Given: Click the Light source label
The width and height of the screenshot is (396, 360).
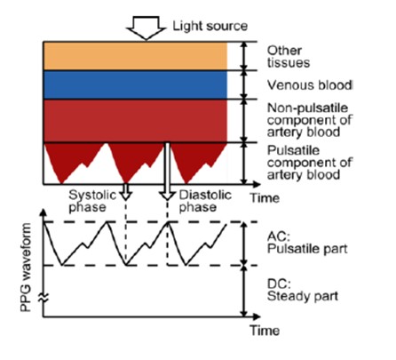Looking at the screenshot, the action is point(210,27).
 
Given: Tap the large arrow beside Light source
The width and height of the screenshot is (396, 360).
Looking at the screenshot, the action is point(146,28).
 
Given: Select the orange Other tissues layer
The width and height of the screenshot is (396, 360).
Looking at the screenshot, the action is point(135,56).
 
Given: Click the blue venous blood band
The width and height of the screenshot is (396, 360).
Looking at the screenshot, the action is point(135,84).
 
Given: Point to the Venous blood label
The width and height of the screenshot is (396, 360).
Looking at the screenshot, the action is point(310,85).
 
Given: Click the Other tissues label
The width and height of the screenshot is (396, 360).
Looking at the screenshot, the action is point(289,57).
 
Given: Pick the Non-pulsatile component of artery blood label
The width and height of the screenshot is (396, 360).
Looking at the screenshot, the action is point(310,120).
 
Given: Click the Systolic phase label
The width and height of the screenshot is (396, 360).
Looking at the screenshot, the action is point(92,201).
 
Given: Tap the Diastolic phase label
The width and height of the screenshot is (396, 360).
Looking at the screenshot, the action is point(205,201).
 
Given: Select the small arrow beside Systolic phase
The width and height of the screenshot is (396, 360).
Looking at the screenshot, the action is point(126,191).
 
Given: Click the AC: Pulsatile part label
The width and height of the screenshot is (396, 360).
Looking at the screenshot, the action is point(307,243).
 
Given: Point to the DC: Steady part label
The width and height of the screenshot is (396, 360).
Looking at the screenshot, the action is point(303,290).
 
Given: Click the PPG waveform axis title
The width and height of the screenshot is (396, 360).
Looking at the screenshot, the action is point(26,268).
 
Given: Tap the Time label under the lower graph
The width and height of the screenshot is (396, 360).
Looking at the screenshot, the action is point(265,331).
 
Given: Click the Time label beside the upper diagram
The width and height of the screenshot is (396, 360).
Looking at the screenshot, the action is point(265,198).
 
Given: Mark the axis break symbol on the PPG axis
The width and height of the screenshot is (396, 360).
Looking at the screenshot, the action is point(44,298).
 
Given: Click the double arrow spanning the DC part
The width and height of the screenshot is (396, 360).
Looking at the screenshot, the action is point(244,292).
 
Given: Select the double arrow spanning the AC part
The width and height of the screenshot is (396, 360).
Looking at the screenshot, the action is point(244,244).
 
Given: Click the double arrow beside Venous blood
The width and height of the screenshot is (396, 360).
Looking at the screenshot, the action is point(244,84).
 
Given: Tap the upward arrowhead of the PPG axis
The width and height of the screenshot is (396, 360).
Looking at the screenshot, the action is point(44,212).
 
